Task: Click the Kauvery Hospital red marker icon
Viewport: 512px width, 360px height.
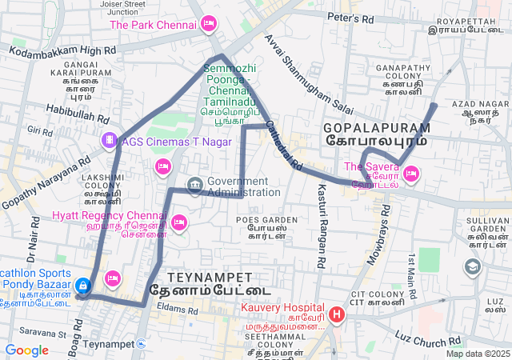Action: click(x=337, y=314)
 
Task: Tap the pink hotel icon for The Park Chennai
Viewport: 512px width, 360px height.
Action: click(x=209, y=24)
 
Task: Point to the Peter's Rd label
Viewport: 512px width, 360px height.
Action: click(x=351, y=18)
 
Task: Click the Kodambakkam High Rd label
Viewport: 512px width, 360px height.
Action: click(x=62, y=50)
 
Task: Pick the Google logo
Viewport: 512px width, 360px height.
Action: click(x=26, y=350)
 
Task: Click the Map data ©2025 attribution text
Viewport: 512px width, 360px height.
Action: click(x=478, y=354)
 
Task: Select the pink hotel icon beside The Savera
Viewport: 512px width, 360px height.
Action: click(x=411, y=172)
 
